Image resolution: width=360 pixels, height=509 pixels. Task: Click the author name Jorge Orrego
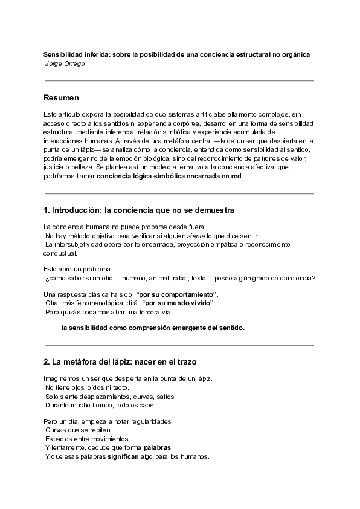click(65, 63)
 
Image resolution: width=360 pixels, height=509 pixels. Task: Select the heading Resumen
click(62, 97)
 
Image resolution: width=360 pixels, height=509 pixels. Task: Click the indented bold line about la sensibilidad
click(153, 328)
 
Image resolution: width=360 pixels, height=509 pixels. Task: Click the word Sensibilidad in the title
click(67, 54)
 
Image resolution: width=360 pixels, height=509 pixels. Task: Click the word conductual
click(60, 253)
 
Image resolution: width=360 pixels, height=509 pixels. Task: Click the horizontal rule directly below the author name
click(179, 80)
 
